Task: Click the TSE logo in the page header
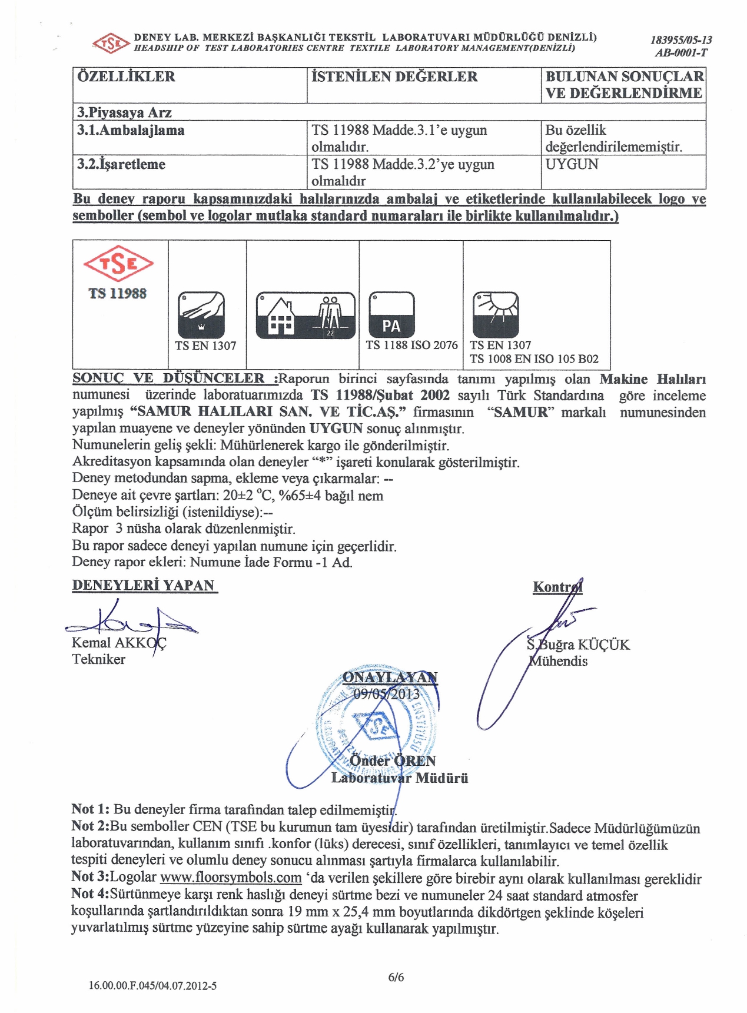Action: coord(111,43)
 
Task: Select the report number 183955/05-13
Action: coord(680,40)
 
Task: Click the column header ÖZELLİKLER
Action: coord(126,77)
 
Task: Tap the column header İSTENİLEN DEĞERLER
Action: coord(394,77)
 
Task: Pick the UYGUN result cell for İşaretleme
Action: coord(572,164)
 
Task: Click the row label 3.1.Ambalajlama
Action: coord(131,130)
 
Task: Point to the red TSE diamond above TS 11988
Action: coord(118,264)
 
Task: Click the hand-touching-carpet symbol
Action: coord(201,315)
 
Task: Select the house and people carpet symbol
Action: coord(306,315)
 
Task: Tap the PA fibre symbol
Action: coord(391,315)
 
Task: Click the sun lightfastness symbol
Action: coord(496,314)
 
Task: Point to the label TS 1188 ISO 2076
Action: coord(411,345)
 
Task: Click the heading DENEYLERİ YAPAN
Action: coord(144,585)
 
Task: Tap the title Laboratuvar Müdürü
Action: coord(400,778)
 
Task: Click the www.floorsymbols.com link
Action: coord(231,878)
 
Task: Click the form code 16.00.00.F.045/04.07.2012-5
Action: coord(152,985)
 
